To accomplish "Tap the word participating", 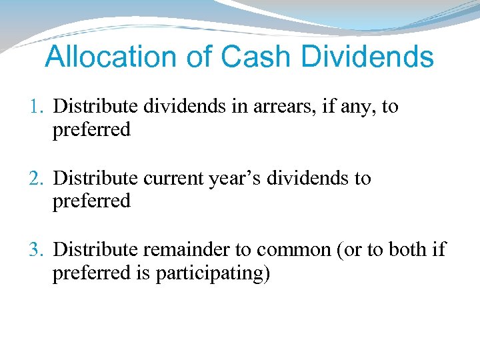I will (213, 273).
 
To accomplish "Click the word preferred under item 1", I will (91, 130).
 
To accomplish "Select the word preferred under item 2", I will (91, 201).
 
